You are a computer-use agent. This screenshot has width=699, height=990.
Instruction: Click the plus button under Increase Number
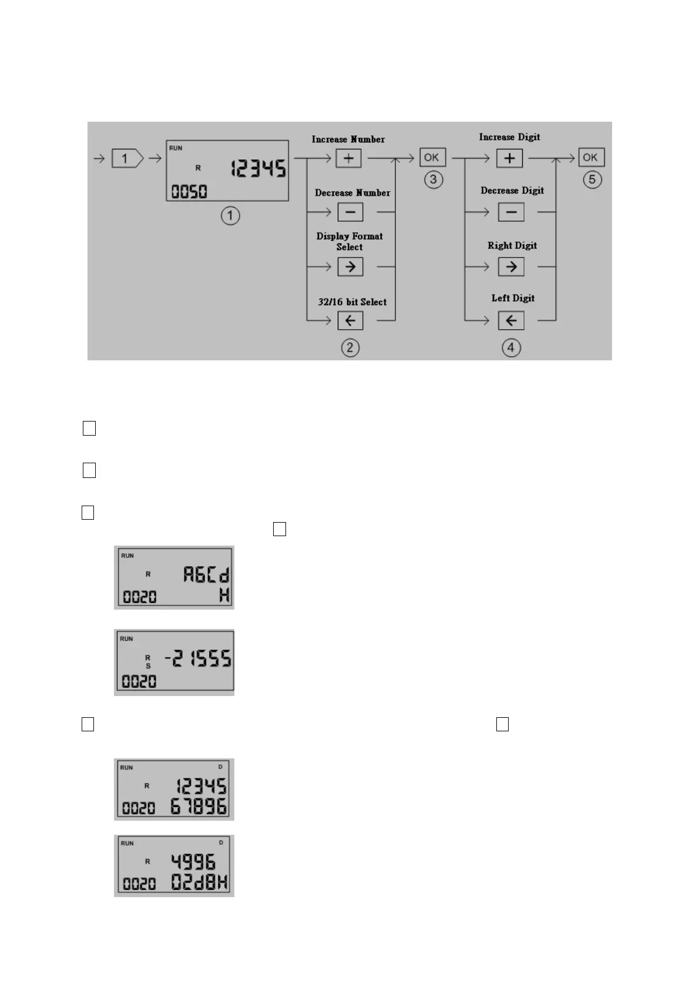pos(348,158)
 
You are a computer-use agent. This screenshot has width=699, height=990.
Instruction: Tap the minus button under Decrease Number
pos(350,212)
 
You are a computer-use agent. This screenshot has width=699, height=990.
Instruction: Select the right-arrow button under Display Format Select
pos(350,267)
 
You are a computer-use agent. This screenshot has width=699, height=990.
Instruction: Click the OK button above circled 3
pos(432,158)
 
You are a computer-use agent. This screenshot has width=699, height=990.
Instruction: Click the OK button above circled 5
pos(591,158)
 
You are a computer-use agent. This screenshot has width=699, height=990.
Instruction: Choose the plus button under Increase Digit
pos(509,158)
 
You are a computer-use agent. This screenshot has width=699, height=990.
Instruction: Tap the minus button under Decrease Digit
pos(510,212)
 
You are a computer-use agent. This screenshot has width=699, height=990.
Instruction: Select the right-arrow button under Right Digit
pos(511,267)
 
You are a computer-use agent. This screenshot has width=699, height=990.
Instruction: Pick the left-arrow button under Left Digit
pos(511,320)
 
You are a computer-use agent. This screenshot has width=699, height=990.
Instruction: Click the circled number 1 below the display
pos(230,216)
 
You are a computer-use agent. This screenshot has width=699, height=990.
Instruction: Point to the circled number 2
pos(350,347)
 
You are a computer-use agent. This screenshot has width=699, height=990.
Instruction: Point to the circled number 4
pos(511,347)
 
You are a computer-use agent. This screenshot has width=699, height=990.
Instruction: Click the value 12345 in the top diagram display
pos(258,169)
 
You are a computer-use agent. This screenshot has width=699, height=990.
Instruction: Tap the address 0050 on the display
pos(189,192)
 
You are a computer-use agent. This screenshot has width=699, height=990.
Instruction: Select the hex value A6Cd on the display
pos(206,574)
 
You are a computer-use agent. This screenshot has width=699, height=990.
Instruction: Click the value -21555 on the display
pos(198,659)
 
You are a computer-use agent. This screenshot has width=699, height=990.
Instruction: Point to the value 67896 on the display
pos(199,807)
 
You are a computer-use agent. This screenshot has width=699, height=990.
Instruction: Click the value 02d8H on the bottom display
pos(200,882)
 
